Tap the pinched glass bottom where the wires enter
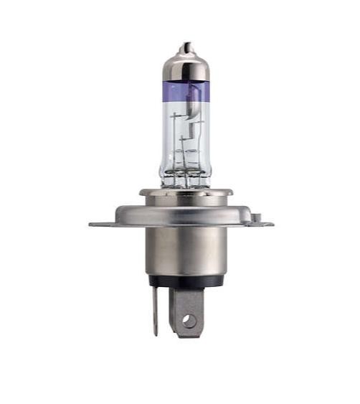point(186,182)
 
